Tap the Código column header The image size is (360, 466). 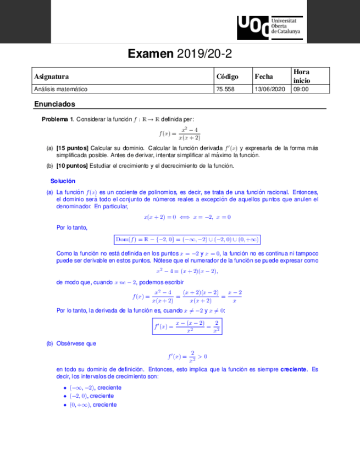pos(227,76)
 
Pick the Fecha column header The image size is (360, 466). pos(264,76)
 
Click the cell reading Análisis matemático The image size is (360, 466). pos(60,89)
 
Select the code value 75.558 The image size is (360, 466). pos(225,89)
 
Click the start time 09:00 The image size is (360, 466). pos(301,89)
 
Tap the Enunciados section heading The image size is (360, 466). pos(54,104)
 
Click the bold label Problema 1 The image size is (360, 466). pos(58,119)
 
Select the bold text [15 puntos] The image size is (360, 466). pos(72,148)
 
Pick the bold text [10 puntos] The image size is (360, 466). pos(72,166)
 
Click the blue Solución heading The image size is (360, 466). pos(63,181)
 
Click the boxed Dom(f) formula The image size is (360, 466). pos(187,239)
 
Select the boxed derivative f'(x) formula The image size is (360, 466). pos(187,326)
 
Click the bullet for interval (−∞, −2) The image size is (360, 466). pos(65,387)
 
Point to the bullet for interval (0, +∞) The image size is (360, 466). pos(65,404)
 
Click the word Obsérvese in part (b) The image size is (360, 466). pos(70,343)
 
